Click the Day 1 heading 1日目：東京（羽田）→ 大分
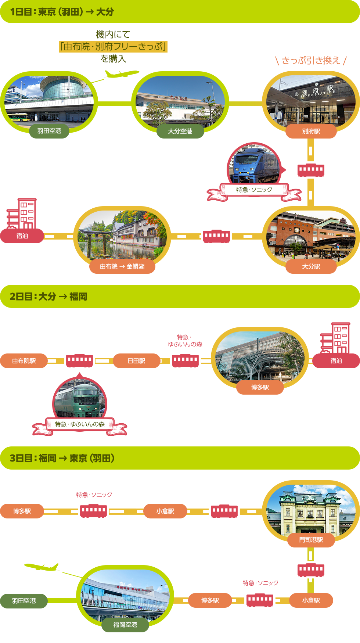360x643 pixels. pyautogui.click(x=62, y=12)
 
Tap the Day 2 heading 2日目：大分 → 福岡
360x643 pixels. pyautogui.click(x=48, y=297)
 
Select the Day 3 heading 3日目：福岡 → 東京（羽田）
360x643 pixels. pyautogui.click(x=62, y=458)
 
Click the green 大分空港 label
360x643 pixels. pyautogui.click(x=180, y=131)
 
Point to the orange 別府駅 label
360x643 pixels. pyautogui.click(x=311, y=131)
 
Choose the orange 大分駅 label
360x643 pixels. pyautogui.click(x=311, y=266)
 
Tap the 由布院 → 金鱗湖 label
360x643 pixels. pyautogui.click(x=122, y=266)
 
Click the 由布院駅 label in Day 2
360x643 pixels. pyautogui.click(x=24, y=361)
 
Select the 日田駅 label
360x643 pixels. pyautogui.click(x=136, y=361)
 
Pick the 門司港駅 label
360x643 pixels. pyautogui.click(x=311, y=540)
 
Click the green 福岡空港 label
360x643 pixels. pyautogui.click(x=125, y=625)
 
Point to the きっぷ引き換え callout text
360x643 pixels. pyautogui.click(x=311, y=60)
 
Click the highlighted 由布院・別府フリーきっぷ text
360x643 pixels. pyautogui.click(x=113, y=47)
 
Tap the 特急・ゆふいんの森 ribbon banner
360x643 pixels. pyautogui.click(x=80, y=425)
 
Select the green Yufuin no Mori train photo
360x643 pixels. pyautogui.click(x=80, y=399)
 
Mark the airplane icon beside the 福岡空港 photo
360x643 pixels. pyautogui.click(x=41, y=567)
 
